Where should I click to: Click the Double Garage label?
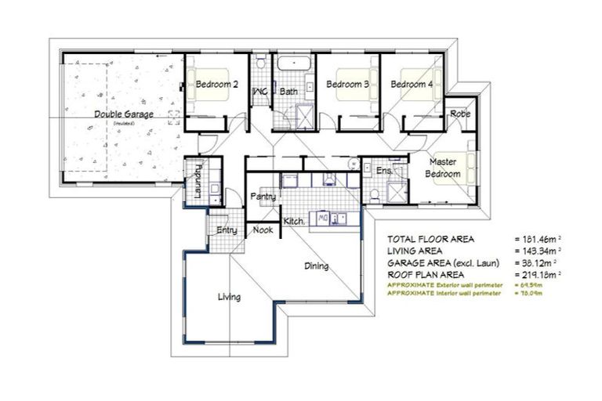(x=124, y=114)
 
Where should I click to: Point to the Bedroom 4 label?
(x=412, y=84)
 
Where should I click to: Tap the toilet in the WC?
(x=259, y=63)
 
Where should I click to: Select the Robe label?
(x=460, y=114)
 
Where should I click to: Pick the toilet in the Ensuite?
(x=375, y=193)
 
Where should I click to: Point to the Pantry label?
(x=263, y=197)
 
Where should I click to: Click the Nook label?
(x=263, y=230)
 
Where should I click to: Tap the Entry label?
(x=227, y=229)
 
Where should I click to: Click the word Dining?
(x=317, y=266)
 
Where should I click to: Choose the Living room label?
(x=229, y=297)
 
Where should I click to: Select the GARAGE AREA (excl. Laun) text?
(x=439, y=262)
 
